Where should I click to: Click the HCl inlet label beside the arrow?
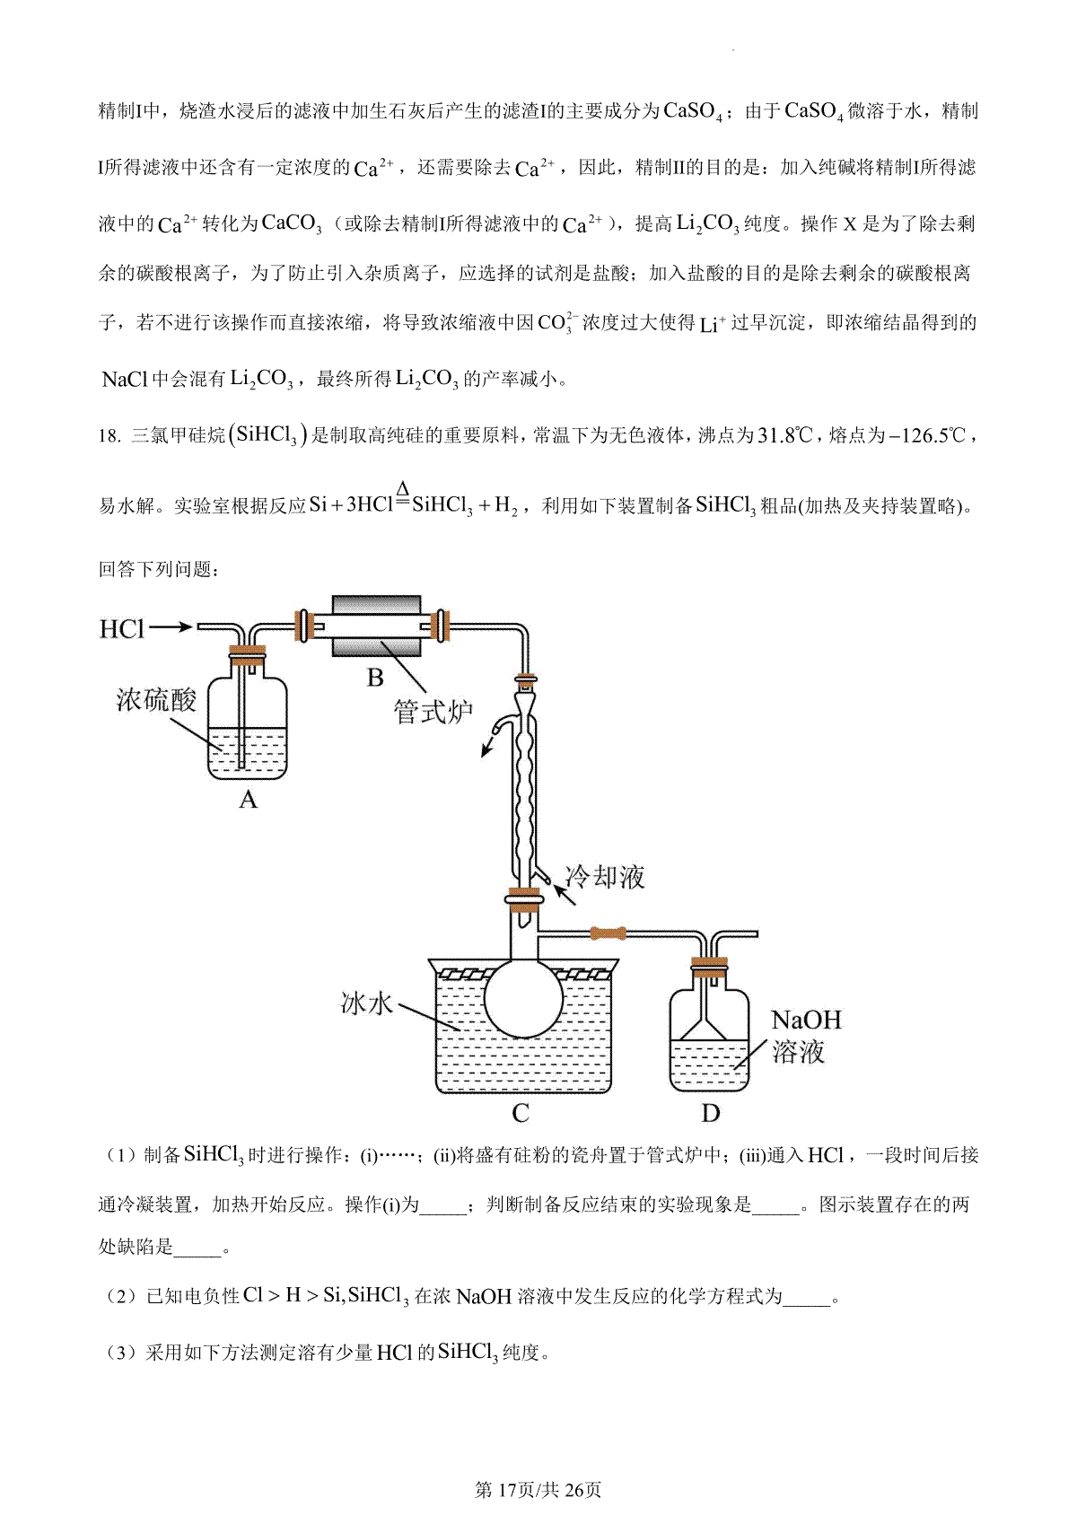(x=121, y=629)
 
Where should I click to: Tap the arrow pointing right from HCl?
(x=171, y=627)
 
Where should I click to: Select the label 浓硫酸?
(x=156, y=699)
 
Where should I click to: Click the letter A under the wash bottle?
(x=248, y=799)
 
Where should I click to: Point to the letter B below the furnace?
(x=375, y=678)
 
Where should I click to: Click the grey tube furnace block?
(x=376, y=626)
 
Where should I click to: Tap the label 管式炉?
(x=433, y=713)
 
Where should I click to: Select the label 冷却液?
(x=605, y=876)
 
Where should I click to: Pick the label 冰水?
(x=367, y=1003)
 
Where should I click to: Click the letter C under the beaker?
(x=521, y=1114)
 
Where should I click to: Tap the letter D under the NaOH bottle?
(x=710, y=1114)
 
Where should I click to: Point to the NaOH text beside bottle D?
(x=807, y=1020)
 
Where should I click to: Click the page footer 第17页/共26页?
(x=538, y=1490)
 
